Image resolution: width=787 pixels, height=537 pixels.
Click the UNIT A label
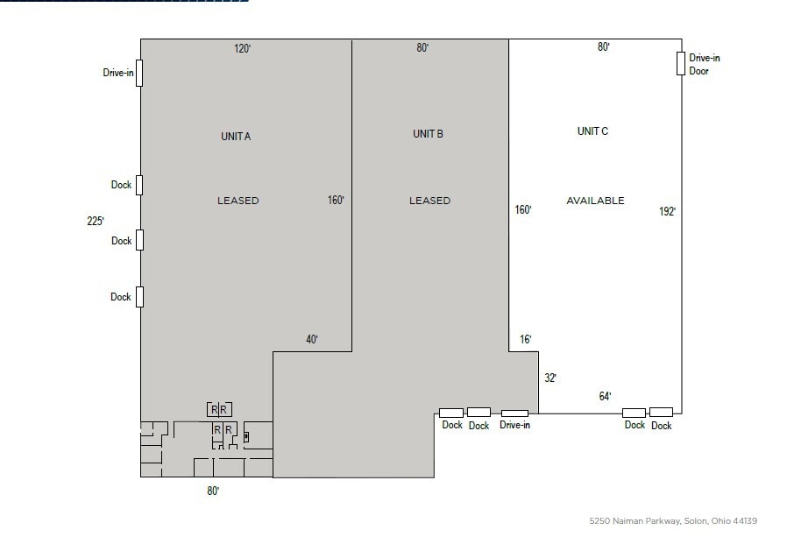click(x=236, y=137)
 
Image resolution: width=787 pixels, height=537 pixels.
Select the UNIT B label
click(x=428, y=134)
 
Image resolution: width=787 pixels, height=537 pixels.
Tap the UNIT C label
click(x=592, y=131)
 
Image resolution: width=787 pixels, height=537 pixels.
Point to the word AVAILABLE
click(x=595, y=201)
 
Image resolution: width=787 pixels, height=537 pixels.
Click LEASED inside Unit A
click(x=238, y=201)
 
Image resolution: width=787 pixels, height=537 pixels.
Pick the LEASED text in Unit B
click(x=429, y=201)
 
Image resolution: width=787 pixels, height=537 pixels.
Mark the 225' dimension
click(x=96, y=222)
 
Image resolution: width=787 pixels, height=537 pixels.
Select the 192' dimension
click(x=668, y=211)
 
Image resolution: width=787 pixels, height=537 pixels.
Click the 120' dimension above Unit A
click(x=243, y=49)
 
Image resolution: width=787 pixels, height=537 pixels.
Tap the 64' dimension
click(x=605, y=397)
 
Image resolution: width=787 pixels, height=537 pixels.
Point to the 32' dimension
click(x=550, y=378)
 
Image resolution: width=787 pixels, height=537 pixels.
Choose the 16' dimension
click(x=525, y=339)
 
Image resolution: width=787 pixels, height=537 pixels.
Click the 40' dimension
click(x=312, y=340)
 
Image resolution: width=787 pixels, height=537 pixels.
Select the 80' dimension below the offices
click(x=213, y=491)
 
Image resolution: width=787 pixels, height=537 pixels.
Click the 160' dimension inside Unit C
click(x=523, y=210)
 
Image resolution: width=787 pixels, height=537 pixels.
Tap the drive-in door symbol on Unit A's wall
click(x=139, y=73)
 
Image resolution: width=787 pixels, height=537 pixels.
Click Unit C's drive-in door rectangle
click(x=680, y=63)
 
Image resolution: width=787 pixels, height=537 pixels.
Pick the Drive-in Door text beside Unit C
click(x=704, y=65)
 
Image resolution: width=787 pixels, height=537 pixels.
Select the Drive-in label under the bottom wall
click(x=514, y=426)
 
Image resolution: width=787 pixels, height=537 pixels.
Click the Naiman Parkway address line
click(x=673, y=521)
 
